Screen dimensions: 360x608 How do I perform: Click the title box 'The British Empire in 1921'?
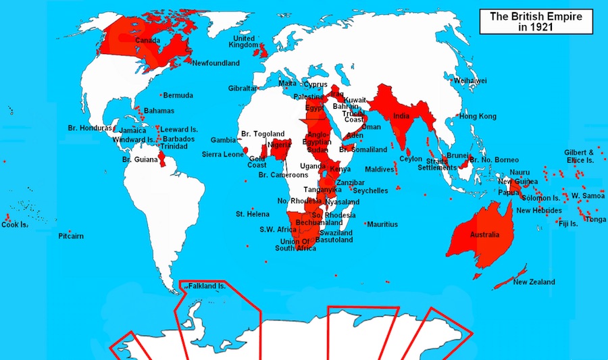pos(536,21)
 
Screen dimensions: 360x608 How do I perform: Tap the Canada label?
pos(147,41)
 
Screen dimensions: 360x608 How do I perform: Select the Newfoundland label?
pos(216,63)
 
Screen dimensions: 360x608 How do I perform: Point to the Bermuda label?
pos(178,95)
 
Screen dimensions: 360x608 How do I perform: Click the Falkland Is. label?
pos(207,286)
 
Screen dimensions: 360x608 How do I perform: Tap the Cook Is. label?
pos(14,225)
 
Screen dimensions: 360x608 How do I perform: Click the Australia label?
pos(484,234)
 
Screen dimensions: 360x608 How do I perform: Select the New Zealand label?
pos(534,282)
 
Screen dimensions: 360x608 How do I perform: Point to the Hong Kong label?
pos(478,116)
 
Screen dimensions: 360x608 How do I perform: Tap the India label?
pos(401,115)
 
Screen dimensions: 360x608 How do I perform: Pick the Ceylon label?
pos(411,159)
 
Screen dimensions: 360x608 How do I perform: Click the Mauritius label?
pos(383,224)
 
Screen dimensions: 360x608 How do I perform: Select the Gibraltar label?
pos(243,88)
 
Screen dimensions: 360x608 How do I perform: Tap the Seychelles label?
pos(371,191)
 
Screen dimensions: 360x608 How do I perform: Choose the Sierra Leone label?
pos(223,154)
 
